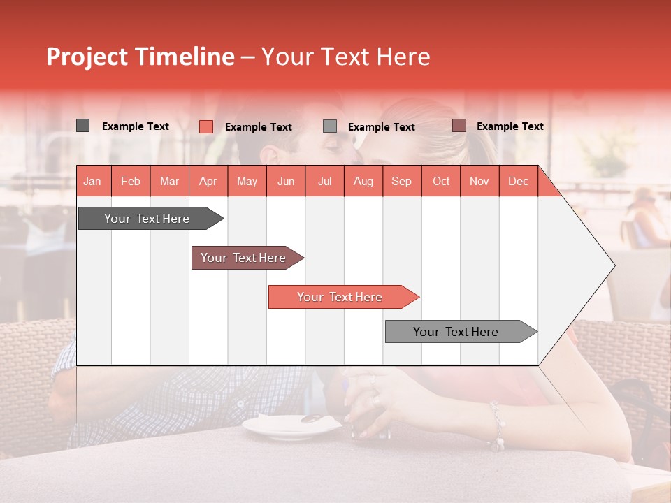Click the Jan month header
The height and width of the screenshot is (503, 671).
(92, 181)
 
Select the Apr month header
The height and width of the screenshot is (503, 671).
(208, 181)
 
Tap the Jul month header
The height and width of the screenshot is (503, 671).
(324, 181)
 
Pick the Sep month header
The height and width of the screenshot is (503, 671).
(401, 181)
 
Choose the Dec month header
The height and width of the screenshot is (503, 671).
(518, 181)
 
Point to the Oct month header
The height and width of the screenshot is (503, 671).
(440, 181)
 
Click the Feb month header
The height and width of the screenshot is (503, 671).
(131, 181)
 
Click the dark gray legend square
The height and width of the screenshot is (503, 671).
(82, 126)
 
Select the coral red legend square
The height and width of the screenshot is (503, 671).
(205, 126)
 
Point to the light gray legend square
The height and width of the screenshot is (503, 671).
(330, 126)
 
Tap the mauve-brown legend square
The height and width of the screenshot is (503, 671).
(459, 126)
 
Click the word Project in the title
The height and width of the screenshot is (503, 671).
(87, 57)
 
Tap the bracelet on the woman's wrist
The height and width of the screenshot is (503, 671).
(497, 426)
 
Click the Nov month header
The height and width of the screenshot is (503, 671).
(479, 181)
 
